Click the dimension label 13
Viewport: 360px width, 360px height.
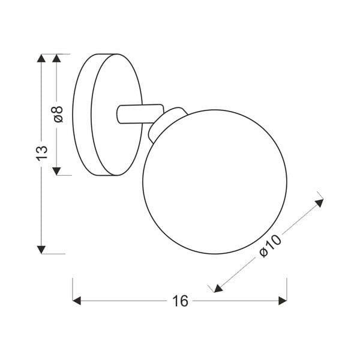point(41,152)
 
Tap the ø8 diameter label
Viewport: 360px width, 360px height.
point(58,114)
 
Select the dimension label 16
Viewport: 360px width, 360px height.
point(179,301)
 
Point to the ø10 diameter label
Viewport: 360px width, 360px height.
point(271,245)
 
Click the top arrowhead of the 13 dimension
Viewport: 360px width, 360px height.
point(41,59)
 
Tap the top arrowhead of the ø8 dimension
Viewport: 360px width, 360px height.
point(58,59)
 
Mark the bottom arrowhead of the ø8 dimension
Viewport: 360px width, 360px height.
point(58,170)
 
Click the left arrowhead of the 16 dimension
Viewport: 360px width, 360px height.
point(77,301)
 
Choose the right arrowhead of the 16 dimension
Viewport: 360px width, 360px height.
point(282,301)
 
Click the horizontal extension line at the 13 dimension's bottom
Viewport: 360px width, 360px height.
point(51,254)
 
